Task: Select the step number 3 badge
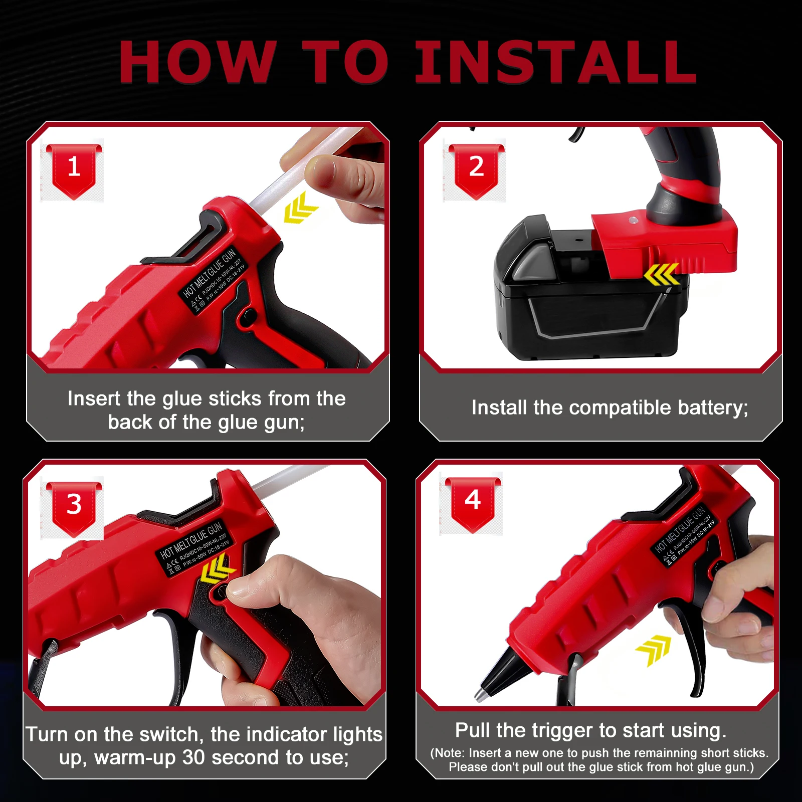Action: point(74,505)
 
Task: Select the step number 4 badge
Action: point(472,501)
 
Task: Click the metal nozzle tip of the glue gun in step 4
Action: point(482,693)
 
